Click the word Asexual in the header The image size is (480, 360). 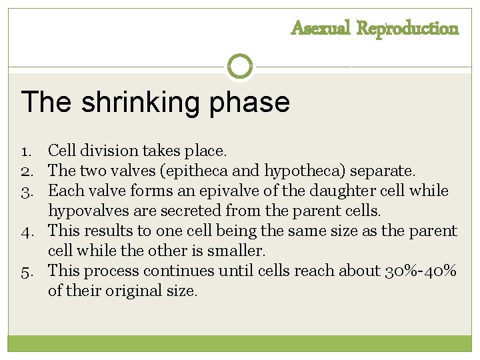[x=321, y=29]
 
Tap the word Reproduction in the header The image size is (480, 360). [x=408, y=29]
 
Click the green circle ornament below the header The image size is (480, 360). [x=240, y=66]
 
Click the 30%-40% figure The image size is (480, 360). [x=421, y=271]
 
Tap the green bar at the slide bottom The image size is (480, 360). [x=240, y=343]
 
